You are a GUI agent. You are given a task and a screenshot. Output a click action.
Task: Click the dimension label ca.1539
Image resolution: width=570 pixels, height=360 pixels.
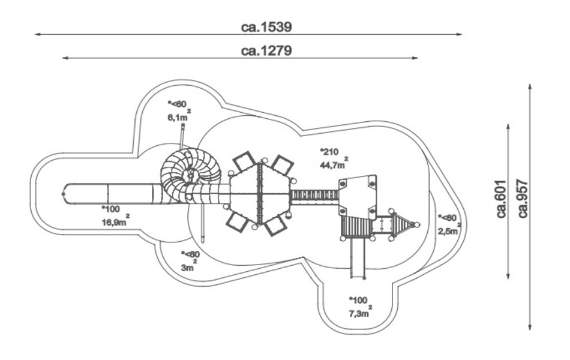266,27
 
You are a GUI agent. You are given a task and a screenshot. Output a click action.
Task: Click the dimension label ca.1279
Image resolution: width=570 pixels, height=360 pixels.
266,50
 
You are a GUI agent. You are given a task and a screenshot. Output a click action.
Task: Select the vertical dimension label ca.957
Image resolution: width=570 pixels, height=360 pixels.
523,198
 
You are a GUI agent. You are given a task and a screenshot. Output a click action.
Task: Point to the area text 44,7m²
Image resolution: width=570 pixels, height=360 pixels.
334,164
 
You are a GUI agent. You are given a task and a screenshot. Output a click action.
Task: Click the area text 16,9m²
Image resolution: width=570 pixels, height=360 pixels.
115,221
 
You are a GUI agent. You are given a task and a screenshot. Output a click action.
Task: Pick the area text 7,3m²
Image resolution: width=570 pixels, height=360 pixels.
360,312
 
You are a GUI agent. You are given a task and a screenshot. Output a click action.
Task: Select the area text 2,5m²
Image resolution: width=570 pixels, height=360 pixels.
449,230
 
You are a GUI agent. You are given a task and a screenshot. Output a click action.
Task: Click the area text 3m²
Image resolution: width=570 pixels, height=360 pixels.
189,266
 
